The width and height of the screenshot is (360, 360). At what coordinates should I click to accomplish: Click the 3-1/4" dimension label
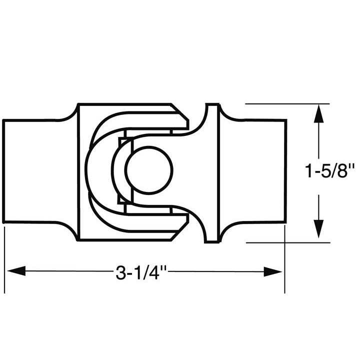[x=141, y=272]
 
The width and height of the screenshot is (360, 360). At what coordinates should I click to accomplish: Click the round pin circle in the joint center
[x=149, y=169]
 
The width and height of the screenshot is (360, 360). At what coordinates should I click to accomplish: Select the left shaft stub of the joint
[x=32, y=171]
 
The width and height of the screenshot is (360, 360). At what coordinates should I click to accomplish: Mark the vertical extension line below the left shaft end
[x=4, y=260]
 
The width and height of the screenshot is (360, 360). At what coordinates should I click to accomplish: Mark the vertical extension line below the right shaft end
[x=284, y=260]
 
